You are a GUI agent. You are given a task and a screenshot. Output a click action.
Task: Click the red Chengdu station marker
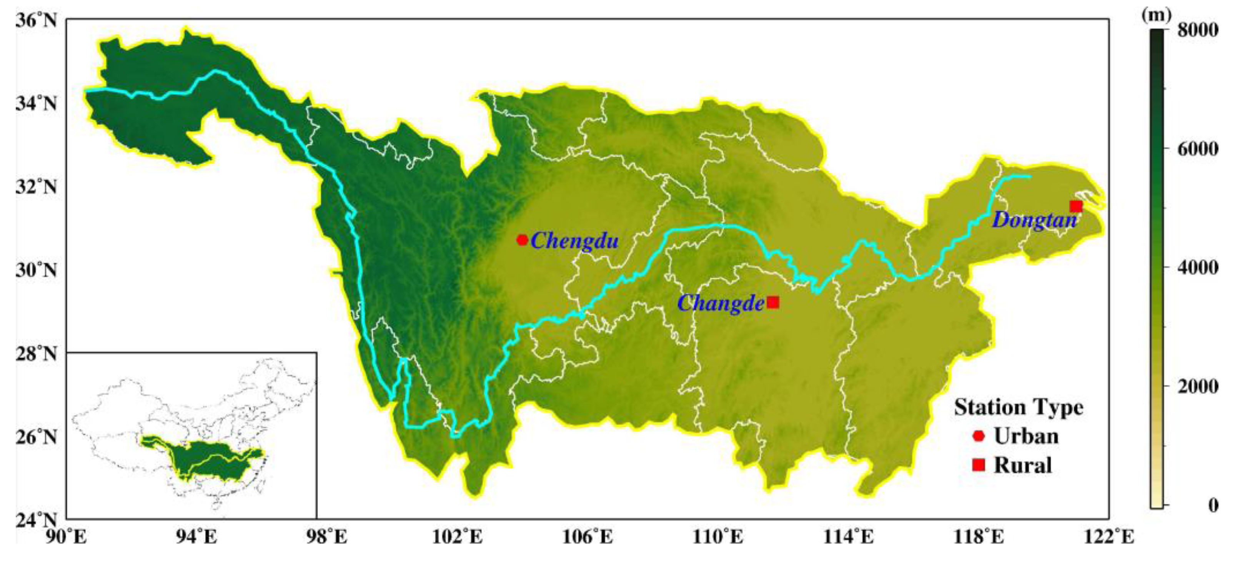tap(523, 239)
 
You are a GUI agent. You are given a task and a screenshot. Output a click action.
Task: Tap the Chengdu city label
tap(574, 241)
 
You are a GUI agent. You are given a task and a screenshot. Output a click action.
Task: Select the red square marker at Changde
tap(773, 302)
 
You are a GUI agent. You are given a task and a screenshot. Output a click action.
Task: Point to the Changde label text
tap(721, 303)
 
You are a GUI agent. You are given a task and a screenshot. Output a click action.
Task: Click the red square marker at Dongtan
tap(1076, 206)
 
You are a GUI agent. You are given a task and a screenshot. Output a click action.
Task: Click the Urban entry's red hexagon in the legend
tap(979, 436)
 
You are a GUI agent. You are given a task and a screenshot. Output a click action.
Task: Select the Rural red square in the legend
tap(979, 464)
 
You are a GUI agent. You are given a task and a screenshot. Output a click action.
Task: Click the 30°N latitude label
tap(36, 271)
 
